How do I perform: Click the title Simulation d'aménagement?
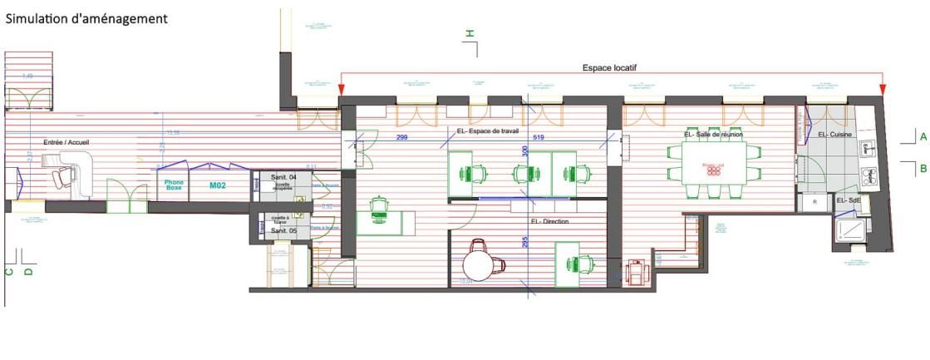pyautogui.click(x=86, y=17)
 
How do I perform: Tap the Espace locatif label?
pyautogui.click(x=610, y=68)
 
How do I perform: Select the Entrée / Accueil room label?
pyautogui.click(x=66, y=143)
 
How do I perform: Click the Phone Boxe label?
pyautogui.click(x=174, y=185)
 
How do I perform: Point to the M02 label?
pyautogui.click(x=218, y=185)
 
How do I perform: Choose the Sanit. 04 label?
pyautogui.click(x=272, y=178)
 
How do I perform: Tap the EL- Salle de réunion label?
pyautogui.click(x=712, y=134)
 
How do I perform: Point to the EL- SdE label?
pyautogui.click(x=847, y=201)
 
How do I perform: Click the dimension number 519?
pyautogui.click(x=539, y=137)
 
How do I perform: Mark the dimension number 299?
pyautogui.click(x=401, y=137)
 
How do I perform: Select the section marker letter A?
pyautogui.click(x=923, y=136)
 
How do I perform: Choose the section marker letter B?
pyautogui.click(x=923, y=169)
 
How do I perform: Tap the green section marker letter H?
pyautogui.click(x=470, y=33)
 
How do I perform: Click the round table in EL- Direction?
pyautogui.click(x=480, y=265)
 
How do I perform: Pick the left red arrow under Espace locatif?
pyautogui.click(x=342, y=88)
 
